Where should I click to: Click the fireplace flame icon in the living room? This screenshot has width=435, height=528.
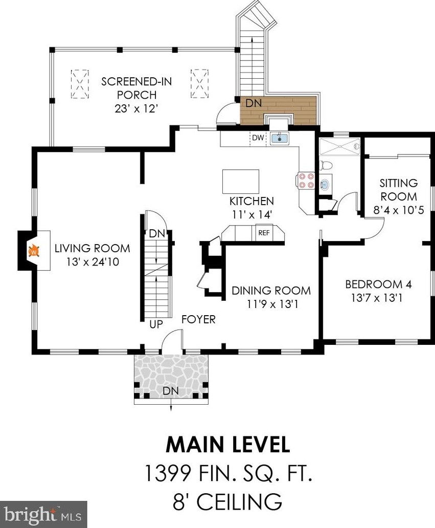pyautogui.click(x=34, y=251)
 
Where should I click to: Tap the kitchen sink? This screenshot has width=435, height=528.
pyautogui.click(x=279, y=138)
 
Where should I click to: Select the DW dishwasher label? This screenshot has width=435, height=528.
pyautogui.click(x=258, y=138)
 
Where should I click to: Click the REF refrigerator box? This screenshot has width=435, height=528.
pyautogui.click(x=264, y=232)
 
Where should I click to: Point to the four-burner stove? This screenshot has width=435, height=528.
pyautogui.click(x=306, y=180)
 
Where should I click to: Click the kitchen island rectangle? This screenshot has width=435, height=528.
pyautogui.click(x=241, y=181)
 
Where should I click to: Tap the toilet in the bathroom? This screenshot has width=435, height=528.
pyautogui.click(x=326, y=165)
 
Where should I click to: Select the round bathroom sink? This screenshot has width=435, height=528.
pyautogui.click(x=324, y=184)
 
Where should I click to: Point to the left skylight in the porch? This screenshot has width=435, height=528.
pyautogui.click(x=80, y=84)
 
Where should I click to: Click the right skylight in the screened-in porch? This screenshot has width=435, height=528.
pyautogui.click(x=199, y=83)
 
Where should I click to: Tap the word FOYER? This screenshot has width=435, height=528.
pyautogui.click(x=198, y=319)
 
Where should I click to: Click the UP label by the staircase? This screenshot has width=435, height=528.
pyautogui.click(x=156, y=324)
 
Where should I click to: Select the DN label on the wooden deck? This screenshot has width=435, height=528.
pyautogui.click(x=254, y=103)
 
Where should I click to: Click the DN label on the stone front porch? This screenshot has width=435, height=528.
pyautogui.click(x=171, y=391)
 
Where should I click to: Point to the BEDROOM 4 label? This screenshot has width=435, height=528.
pyautogui.click(x=378, y=284)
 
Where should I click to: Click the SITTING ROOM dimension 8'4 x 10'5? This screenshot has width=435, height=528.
pyautogui.click(x=399, y=210)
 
